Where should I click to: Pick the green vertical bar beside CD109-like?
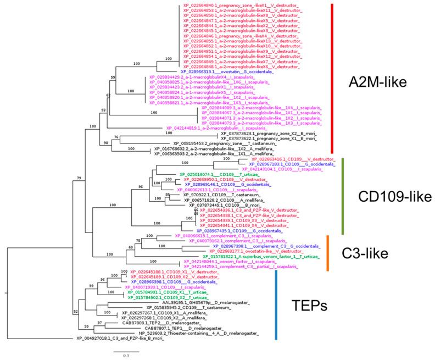342,196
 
